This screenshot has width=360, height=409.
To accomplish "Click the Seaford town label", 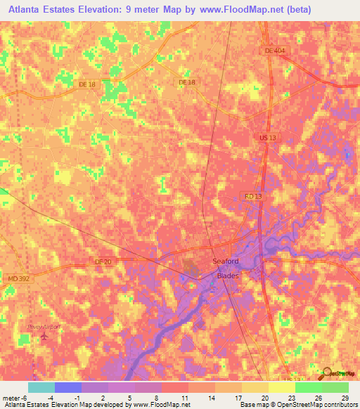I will (225, 262).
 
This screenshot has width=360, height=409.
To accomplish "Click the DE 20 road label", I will (103, 262).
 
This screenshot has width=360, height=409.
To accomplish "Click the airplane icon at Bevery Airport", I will (46, 337).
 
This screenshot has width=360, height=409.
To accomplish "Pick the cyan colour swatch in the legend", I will (41, 387).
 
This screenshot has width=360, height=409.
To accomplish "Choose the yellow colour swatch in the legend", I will (281, 387).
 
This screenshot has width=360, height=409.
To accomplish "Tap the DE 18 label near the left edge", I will (86, 85).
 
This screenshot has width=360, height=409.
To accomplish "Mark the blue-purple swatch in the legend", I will (67, 387).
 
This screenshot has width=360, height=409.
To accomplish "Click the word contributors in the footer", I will (342, 405).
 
